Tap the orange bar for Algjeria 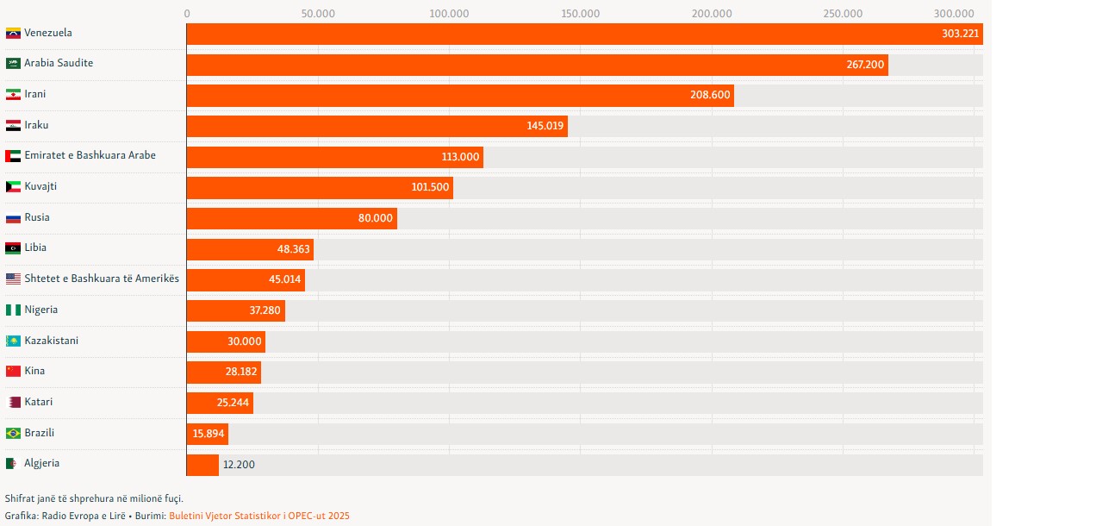(x=202, y=465)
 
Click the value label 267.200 (x=865, y=65)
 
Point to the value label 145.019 (x=545, y=126)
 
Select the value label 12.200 (x=239, y=465)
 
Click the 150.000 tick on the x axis (x=580, y=13)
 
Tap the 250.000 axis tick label (x=843, y=13)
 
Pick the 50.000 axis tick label (x=318, y=13)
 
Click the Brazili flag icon (x=13, y=433)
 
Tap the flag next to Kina (x=13, y=371)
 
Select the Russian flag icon (x=13, y=217)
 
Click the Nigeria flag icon (x=13, y=310)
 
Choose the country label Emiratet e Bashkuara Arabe (x=90, y=155)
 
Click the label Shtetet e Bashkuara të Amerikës (x=102, y=279)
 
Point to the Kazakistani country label (x=51, y=341)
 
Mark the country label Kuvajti (x=40, y=186)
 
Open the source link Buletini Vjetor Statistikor (x=258, y=516)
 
